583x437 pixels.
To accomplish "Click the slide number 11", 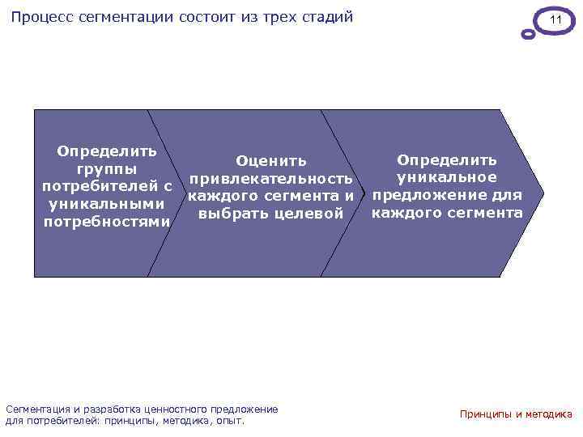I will point(555,19).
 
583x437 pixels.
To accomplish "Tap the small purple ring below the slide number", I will point(528,35).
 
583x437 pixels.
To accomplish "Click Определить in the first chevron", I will point(106,151).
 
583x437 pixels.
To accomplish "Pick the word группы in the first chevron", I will point(106,169).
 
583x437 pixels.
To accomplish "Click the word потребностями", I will point(106,222).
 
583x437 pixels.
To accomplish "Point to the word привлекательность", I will point(271,178).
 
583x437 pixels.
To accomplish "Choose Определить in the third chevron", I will point(447,160).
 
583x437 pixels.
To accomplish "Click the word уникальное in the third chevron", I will point(447,177).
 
